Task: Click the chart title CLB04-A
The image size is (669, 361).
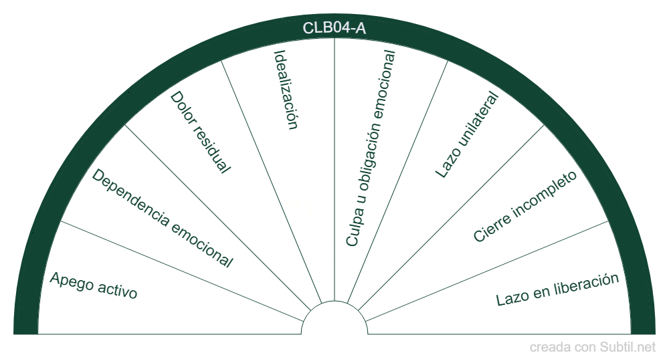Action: [x=334, y=28]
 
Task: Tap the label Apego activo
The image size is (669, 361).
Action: [x=94, y=285]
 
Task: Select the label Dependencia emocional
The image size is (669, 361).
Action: [x=163, y=219]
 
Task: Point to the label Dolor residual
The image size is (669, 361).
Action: [x=200, y=132]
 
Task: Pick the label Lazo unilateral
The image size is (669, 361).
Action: [x=468, y=134]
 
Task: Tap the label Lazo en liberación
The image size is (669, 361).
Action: [x=557, y=289]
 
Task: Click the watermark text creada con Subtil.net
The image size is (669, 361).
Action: [x=592, y=347]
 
